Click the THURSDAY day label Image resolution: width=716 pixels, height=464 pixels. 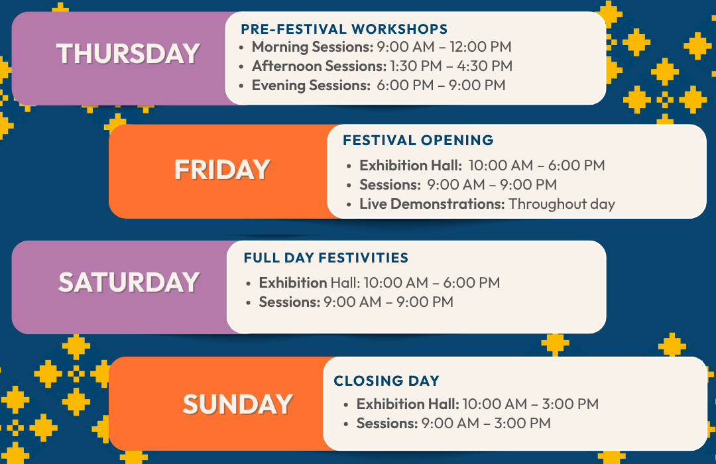129,54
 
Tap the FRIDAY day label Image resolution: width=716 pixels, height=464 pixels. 222,170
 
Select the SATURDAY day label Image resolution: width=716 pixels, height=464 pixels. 129,282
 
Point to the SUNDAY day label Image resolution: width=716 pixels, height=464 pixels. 238,404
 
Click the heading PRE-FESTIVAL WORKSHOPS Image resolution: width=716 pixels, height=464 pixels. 344,29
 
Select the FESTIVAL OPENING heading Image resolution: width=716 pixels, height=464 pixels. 418,140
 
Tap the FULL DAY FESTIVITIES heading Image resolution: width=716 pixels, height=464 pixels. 326,258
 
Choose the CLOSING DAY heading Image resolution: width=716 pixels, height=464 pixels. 387,380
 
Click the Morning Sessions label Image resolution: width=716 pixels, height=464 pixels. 313,46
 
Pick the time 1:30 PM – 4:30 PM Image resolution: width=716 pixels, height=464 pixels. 451,66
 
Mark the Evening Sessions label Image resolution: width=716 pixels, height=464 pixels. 311,86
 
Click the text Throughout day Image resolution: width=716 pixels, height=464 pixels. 562,203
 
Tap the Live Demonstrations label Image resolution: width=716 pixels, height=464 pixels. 432,203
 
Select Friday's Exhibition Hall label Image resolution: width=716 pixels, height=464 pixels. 410,165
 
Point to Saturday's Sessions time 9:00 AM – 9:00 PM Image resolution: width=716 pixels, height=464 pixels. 388,302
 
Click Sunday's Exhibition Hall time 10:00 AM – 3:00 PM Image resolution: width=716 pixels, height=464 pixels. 530,404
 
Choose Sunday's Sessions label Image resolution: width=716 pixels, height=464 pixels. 387,424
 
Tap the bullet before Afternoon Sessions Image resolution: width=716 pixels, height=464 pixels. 241,67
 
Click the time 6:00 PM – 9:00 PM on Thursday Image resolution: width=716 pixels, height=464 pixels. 441,86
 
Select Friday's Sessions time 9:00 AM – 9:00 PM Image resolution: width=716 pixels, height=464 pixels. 492,184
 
